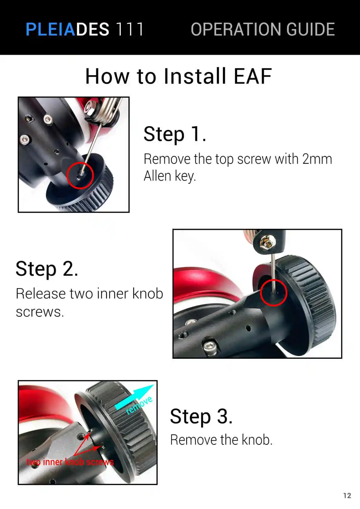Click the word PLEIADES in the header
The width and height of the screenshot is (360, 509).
[x=67, y=29]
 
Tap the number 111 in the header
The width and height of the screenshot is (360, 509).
[x=130, y=29]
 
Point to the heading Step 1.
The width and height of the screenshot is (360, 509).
[x=175, y=134]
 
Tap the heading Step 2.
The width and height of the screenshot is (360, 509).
[x=47, y=269]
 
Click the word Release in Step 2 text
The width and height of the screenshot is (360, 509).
[x=41, y=293]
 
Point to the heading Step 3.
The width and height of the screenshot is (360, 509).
[x=201, y=416]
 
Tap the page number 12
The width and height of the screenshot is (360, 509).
[x=347, y=495]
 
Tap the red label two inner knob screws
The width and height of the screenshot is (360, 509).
[x=70, y=462]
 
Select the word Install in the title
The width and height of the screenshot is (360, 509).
[x=195, y=76]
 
